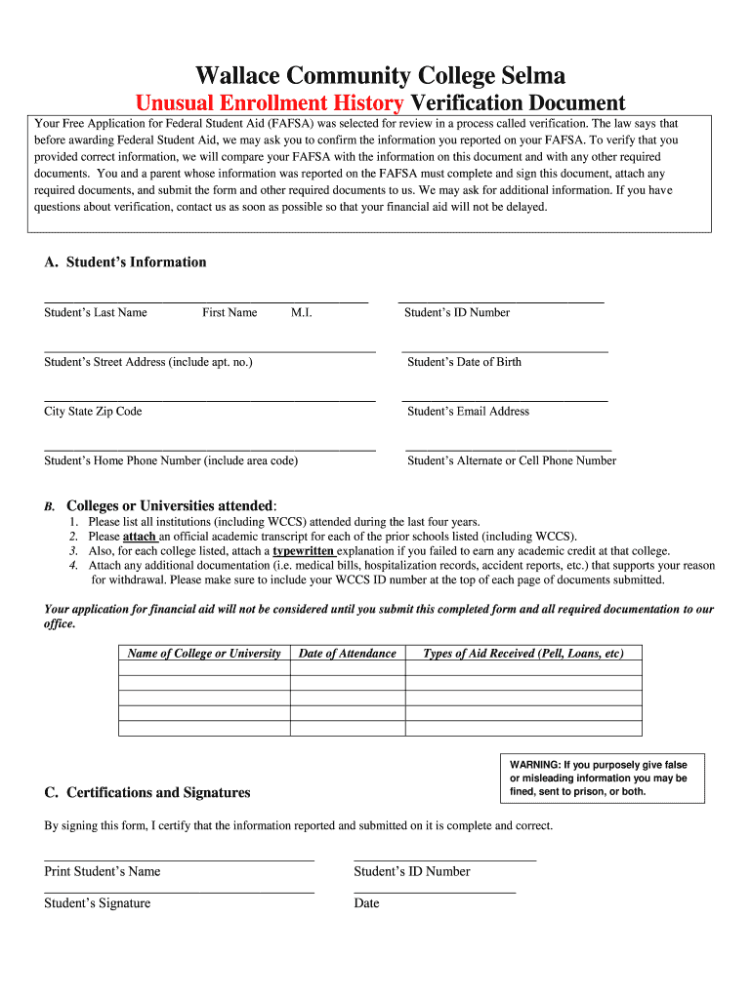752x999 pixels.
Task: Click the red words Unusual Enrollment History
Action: click(x=269, y=103)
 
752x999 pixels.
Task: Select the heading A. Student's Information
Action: click(x=125, y=261)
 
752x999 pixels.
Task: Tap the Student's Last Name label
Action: click(x=96, y=312)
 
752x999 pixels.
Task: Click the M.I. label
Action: click(x=300, y=312)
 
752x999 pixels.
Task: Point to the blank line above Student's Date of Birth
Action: click(x=504, y=349)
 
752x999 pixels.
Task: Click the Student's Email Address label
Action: click(x=468, y=411)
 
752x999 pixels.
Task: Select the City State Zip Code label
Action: click(x=93, y=411)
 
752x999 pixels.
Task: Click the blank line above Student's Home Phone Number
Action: click(x=210, y=449)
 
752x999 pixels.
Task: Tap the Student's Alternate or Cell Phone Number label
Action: click(x=511, y=460)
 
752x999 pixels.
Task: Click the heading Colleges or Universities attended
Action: click(x=171, y=505)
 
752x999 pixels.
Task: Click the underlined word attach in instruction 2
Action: click(x=139, y=537)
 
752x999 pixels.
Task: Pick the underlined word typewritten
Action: click(x=303, y=551)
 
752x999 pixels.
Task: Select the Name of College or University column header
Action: click(x=204, y=654)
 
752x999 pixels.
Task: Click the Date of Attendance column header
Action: click(x=347, y=654)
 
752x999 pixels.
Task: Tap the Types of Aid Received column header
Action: click(x=522, y=654)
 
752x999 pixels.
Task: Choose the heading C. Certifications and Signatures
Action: click(x=147, y=792)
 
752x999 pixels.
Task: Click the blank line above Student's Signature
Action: click(x=180, y=892)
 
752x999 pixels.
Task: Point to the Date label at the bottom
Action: click(x=366, y=903)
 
